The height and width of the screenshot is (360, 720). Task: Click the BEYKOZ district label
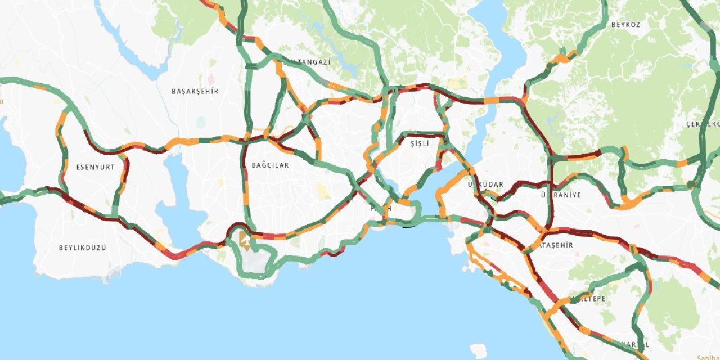[625, 25]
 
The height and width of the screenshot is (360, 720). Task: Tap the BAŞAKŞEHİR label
[195, 91]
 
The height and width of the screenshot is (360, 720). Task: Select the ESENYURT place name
[95, 167]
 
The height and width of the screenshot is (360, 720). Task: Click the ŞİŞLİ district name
[420, 144]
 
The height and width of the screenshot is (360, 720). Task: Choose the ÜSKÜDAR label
[485, 184]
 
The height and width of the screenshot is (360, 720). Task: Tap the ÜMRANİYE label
[560, 195]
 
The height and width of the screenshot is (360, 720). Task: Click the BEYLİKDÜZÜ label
[82, 247]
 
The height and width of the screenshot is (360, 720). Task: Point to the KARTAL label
[635, 344]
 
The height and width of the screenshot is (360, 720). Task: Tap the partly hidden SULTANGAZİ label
[310, 62]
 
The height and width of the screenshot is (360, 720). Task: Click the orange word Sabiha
[708, 358]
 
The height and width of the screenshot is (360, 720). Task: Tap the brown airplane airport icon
[245, 240]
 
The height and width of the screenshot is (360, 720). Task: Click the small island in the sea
[478, 350]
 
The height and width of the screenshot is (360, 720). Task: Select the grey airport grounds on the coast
[255, 262]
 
